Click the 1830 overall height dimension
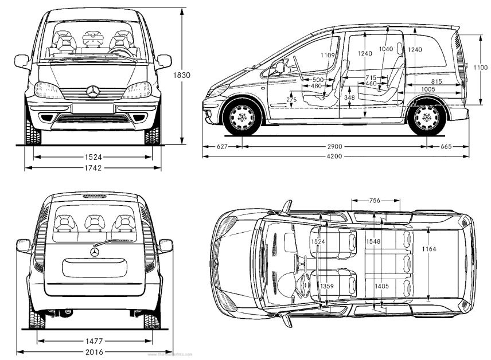183,75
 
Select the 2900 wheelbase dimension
336,147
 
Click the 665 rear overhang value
447,147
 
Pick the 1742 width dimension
92,168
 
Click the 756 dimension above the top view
375,201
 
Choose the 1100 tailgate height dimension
480,68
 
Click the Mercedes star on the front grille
93,91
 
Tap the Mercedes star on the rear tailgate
93,251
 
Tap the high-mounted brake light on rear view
93,197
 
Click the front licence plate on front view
93,108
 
